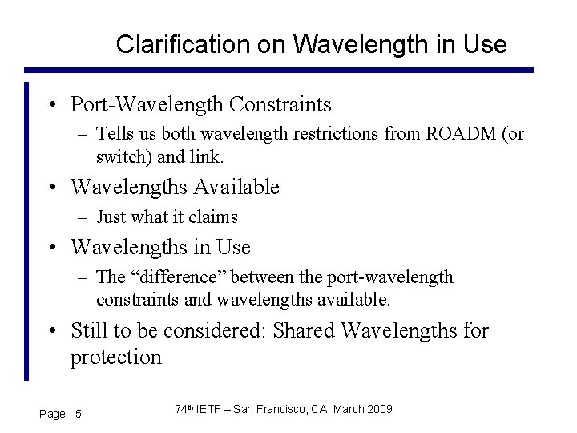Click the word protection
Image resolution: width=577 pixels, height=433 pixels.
116,357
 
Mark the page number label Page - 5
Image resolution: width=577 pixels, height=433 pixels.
60,413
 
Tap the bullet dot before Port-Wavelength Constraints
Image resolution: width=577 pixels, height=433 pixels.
51,105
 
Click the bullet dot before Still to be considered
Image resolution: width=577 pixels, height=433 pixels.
51,331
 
